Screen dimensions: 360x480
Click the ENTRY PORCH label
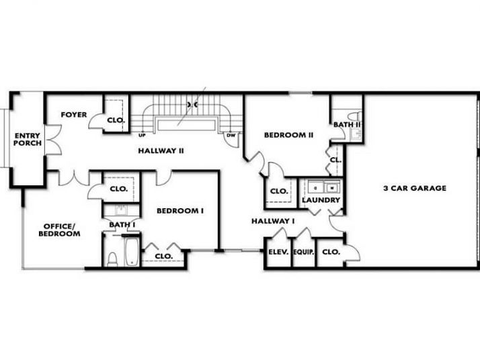pos(28,139)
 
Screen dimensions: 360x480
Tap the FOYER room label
pos(74,115)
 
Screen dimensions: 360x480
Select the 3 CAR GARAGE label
pos(415,188)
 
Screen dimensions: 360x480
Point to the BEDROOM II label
pos(288,135)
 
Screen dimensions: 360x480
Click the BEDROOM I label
pos(180,210)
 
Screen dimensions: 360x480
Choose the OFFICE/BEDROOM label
pos(62,230)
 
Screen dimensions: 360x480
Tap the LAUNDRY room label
pos(321,200)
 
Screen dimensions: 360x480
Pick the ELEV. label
pos(278,252)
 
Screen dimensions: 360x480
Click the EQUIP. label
pos(304,252)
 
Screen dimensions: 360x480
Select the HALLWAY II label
pos(161,150)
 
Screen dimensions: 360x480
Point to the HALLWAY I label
pos(274,221)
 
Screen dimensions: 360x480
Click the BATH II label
pos(348,124)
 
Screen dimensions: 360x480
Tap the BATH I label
pos(122,224)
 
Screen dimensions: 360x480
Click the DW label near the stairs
pos(231,136)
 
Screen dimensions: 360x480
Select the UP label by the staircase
pos(142,136)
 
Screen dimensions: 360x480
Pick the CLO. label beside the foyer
pos(116,120)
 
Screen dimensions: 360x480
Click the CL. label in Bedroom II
pos(335,161)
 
